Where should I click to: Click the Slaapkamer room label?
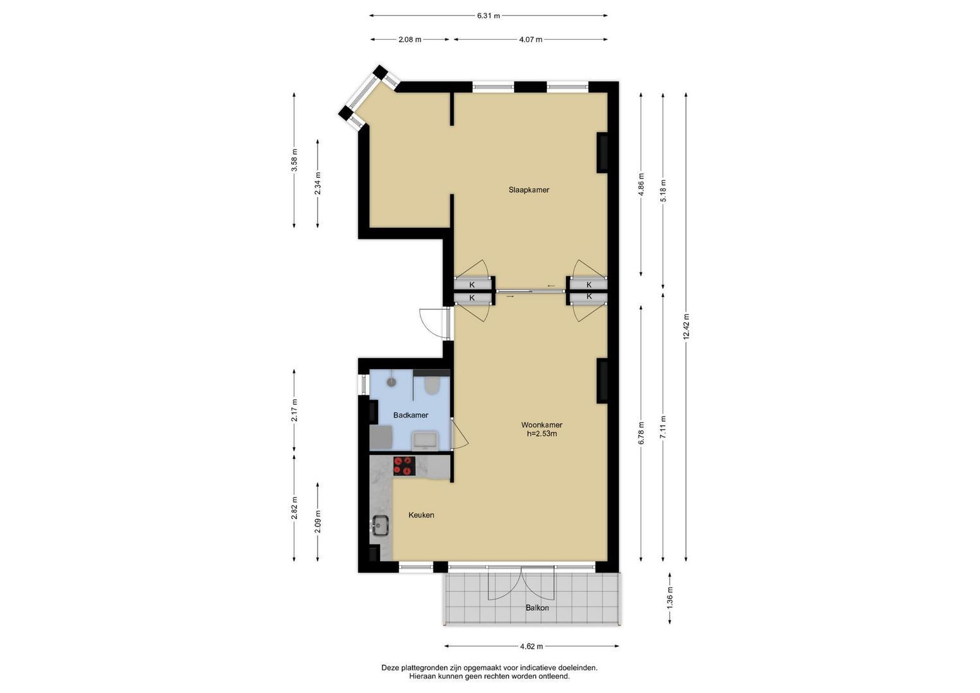coord(528,190)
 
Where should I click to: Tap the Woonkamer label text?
coord(542,425)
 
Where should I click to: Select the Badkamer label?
coord(410,415)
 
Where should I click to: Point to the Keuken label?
coord(421,515)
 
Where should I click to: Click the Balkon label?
coord(537,608)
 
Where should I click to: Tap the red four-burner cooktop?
coord(404,466)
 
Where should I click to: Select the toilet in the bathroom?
coord(431,386)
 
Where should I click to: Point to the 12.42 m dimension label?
coord(686,327)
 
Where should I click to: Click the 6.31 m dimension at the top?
coord(488,16)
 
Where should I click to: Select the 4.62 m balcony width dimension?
coord(531,646)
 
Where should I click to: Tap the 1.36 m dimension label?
coord(670,598)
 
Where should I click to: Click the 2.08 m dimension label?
coord(410,39)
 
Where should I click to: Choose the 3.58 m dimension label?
coord(294,160)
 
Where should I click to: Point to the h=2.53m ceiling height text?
coord(542,434)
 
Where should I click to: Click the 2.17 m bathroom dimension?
coord(294,410)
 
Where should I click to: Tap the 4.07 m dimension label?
coord(531,39)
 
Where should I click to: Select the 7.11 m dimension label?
coord(663,427)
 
